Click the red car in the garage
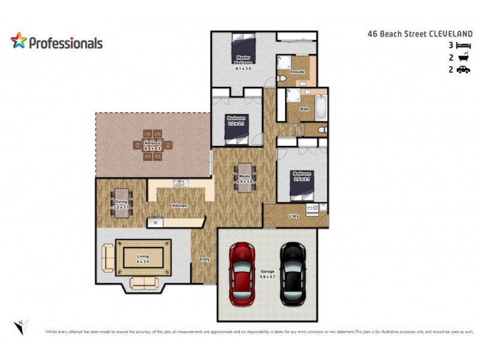coord(243,273)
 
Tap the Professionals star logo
coord(19,41)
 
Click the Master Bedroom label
coord(243,59)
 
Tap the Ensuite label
coord(298,72)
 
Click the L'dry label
coord(294,216)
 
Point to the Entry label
coord(205,259)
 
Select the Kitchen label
coord(179,206)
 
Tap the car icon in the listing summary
coord(463,70)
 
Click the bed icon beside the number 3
coord(463,46)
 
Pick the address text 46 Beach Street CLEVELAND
coord(419,34)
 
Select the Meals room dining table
coord(244,178)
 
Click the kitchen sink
coord(179,184)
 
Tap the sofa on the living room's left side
coord(108,257)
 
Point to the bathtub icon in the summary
coord(463,58)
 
